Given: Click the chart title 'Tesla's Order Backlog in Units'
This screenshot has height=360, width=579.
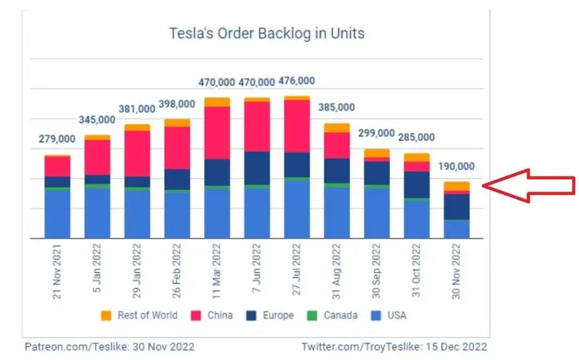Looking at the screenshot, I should coord(266,34).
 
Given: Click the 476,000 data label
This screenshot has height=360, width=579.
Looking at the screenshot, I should coord(296,80).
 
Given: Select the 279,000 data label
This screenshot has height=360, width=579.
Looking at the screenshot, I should coord(57,139).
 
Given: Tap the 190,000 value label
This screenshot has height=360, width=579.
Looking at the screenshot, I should coord(457,166).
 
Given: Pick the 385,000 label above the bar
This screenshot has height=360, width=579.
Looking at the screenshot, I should coord(337,107).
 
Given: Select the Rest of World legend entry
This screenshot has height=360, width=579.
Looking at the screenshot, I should coord(144,315).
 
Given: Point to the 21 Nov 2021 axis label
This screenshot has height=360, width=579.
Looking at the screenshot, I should coord(58,272).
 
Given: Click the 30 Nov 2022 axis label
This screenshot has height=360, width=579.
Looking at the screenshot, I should coord(456,272).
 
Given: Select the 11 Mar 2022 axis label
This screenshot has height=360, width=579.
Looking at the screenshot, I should coord(217,272).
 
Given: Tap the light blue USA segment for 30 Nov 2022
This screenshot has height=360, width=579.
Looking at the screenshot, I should coord(456,229).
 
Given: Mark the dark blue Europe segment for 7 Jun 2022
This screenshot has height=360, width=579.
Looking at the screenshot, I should coord(257,168).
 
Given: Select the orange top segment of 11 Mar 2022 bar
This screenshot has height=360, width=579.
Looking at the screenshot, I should coord(217,102).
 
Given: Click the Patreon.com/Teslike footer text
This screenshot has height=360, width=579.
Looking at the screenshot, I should coord(108,346).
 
